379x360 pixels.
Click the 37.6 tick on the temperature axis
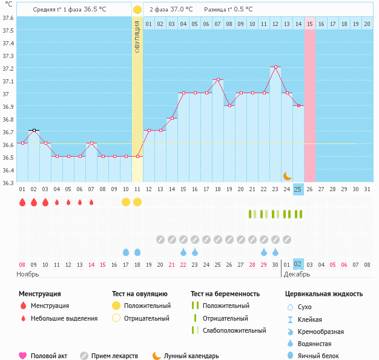pyautogui.click(x=7, y=18)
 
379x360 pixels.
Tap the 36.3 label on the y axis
pyautogui.click(x=7, y=182)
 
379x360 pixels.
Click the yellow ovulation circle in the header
pyautogui.click(x=137, y=10)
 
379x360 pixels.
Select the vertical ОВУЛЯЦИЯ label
pyautogui.click(x=137, y=36)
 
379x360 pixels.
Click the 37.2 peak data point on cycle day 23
pyautogui.click(x=275, y=67)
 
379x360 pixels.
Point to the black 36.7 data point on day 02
pyautogui.click(x=34, y=130)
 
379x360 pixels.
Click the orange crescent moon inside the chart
pyautogui.click(x=287, y=176)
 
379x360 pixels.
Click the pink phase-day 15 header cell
pyautogui.click(x=309, y=24)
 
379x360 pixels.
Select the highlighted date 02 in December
pyautogui.click(x=298, y=264)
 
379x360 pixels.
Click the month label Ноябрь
pyautogui.click(x=28, y=274)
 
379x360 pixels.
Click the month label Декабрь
pyautogui.click(x=297, y=274)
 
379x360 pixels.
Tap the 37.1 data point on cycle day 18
pyautogui.click(x=218, y=79)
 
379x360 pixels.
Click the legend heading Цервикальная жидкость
pyautogui.click(x=324, y=294)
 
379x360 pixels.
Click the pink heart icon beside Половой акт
pyautogui.click(x=23, y=356)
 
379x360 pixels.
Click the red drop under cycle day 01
pyautogui.click(x=22, y=202)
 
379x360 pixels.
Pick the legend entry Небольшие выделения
pyautogui.click(x=64, y=318)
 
